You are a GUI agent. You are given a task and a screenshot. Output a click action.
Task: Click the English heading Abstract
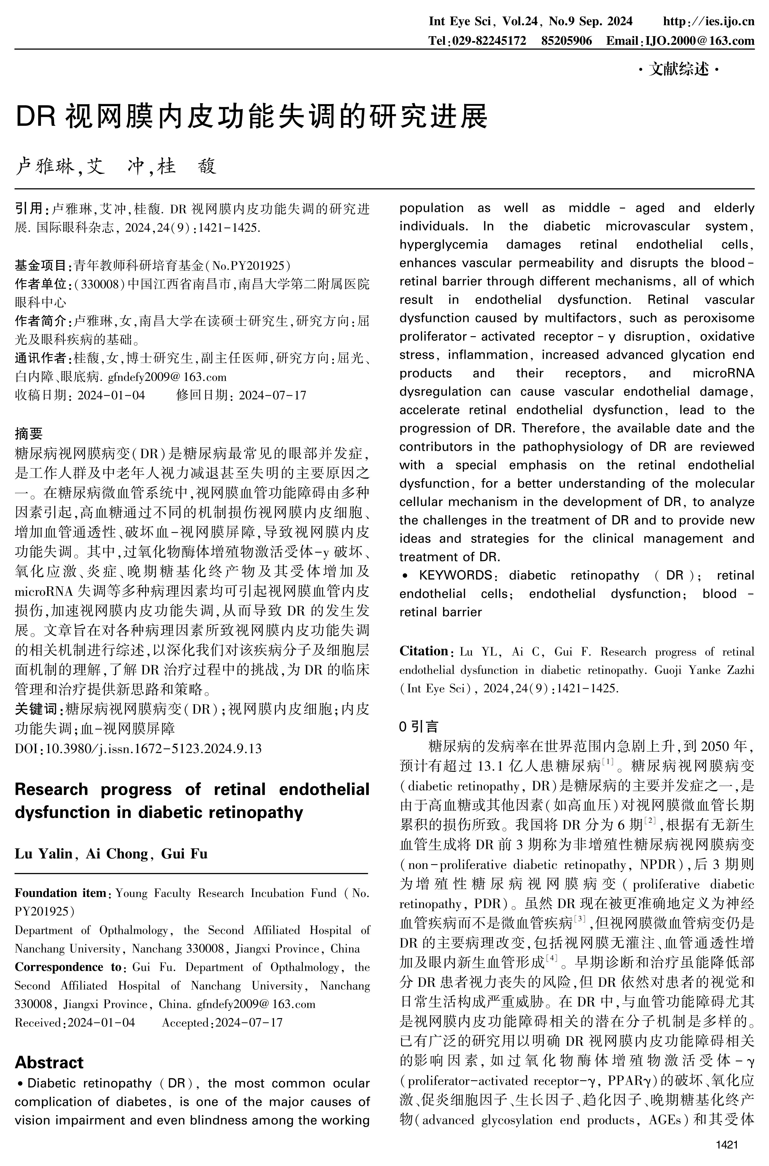(x=49, y=1062)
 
